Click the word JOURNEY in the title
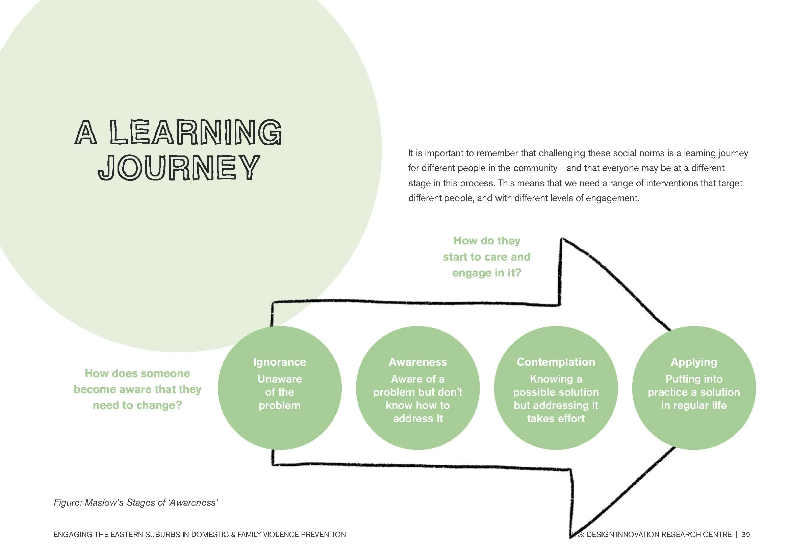point(179,167)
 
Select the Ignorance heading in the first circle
point(279,362)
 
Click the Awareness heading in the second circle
point(418,362)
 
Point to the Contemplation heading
point(556,362)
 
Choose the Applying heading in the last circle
point(694,362)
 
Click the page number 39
point(745,535)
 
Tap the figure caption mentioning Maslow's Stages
point(136,503)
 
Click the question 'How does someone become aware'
point(137,389)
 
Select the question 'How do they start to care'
point(486,257)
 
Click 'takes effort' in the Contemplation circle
point(556,418)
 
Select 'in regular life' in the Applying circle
point(694,406)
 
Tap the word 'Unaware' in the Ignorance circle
point(279,379)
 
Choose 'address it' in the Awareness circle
point(418,418)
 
